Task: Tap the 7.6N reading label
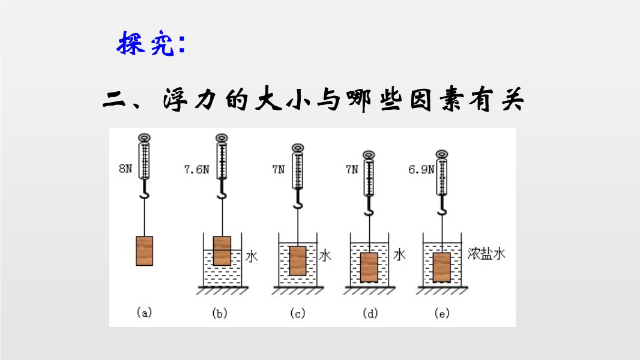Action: coord(196,169)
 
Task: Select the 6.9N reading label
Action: coord(420,170)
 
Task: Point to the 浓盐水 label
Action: coord(487,254)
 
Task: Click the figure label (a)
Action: coord(144,313)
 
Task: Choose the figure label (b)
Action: coord(220,313)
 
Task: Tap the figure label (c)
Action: coord(297,313)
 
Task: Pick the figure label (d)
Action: coord(370,313)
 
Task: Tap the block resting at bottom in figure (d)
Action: coord(369,268)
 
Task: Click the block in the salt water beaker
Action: coord(442,268)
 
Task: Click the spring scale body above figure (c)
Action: coord(298,171)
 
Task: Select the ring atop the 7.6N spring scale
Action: coord(222,138)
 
